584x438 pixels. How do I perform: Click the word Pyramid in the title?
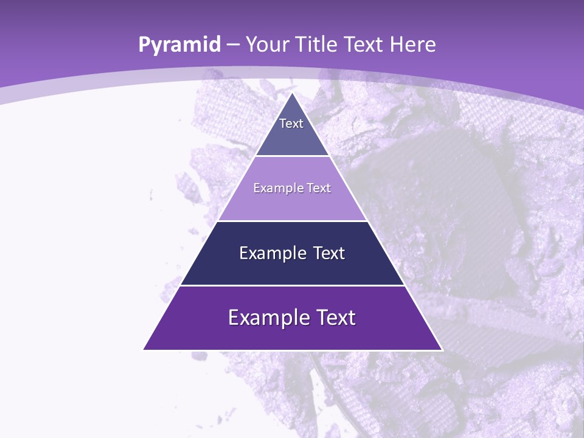click(179, 45)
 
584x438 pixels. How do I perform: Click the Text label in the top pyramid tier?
click(291, 123)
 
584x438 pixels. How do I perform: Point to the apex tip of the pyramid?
click(293, 93)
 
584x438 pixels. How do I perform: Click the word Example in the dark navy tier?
click(266, 253)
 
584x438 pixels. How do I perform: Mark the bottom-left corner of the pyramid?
click(144, 349)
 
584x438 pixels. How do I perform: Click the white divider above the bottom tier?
click(292, 285)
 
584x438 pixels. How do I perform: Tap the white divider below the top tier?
click(293, 156)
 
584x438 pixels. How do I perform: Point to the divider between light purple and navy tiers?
click(292, 221)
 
